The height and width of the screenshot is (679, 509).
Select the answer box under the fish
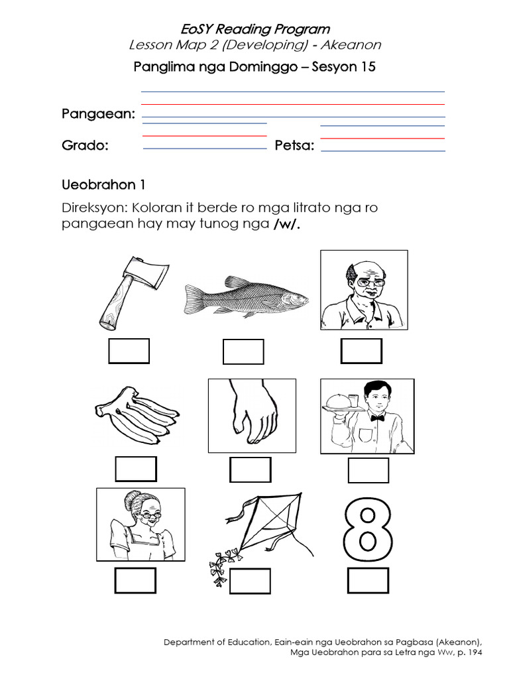click(x=243, y=351)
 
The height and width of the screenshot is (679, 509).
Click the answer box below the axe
click(x=129, y=351)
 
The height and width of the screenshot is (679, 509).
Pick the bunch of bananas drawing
click(x=135, y=417)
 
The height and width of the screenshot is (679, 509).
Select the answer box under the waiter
click(x=368, y=469)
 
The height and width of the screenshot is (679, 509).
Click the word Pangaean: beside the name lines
click(x=99, y=114)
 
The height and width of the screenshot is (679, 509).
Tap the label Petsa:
click(x=294, y=146)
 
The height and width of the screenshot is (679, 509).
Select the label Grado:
click(x=85, y=146)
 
